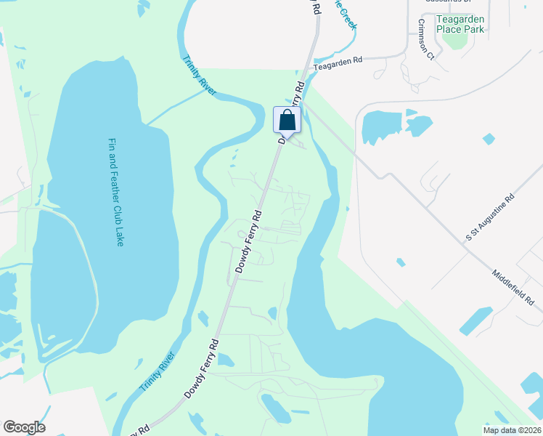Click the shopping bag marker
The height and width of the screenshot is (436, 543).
287,120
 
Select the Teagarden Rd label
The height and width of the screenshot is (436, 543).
338,64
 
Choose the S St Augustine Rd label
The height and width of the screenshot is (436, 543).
490,217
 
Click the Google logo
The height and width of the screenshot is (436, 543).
24,427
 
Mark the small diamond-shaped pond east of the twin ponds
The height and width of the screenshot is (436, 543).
489,138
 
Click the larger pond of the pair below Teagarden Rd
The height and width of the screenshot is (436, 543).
382,126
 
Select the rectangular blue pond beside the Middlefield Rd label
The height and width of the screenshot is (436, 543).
475,321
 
